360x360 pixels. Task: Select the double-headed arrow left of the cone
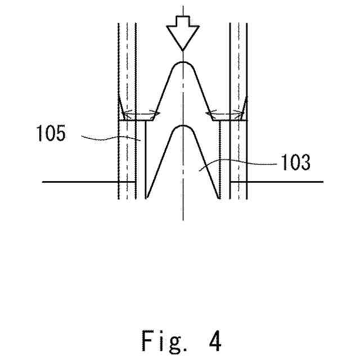coord(141,115)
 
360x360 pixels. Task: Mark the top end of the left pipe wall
coord(119,24)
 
